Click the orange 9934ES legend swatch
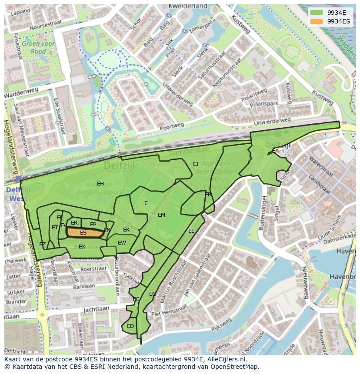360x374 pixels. (x=317, y=21)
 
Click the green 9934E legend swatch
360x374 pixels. (x=317, y=13)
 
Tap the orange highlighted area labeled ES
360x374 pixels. (x=83, y=233)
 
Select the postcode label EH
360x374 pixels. (x=100, y=184)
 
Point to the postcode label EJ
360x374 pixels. (x=196, y=164)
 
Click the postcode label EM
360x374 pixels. (x=161, y=215)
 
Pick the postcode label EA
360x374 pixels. (x=275, y=150)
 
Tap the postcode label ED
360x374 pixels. (x=130, y=326)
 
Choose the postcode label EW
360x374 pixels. (x=122, y=243)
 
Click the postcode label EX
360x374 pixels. (x=82, y=247)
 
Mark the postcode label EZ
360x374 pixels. (x=42, y=245)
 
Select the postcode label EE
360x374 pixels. (x=191, y=231)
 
